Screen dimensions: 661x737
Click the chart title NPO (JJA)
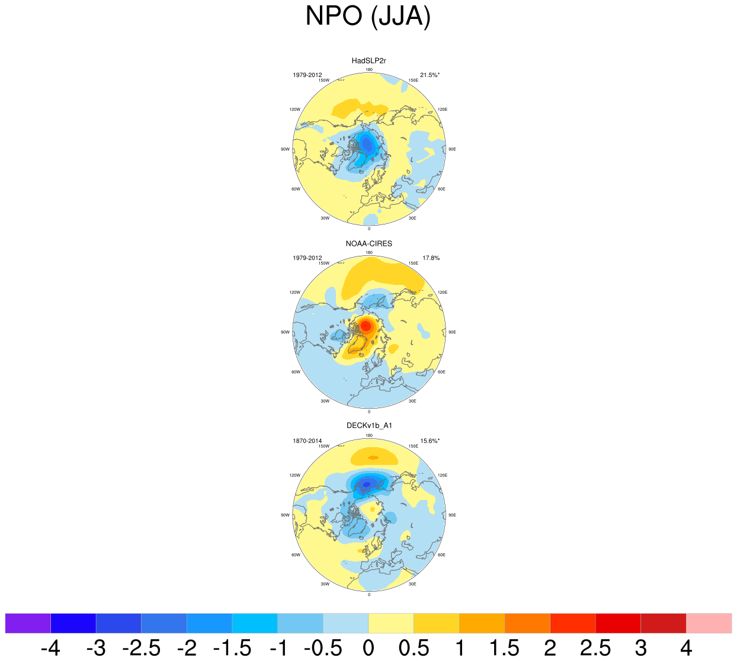[x=368, y=17]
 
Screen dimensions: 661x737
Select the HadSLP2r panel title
[x=368, y=60]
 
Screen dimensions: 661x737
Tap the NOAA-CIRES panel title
[x=368, y=243]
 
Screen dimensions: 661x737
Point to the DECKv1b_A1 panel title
[x=369, y=425]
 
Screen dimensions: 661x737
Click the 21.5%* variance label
[x=430, y=75]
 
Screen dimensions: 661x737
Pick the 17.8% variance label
[x=431, y=258]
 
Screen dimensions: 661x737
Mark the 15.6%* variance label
[x=430, y=441]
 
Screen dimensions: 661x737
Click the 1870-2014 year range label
[x=307, y=441]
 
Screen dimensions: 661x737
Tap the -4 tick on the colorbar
[x=50, y=649]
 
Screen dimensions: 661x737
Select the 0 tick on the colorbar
[x=368, y=649]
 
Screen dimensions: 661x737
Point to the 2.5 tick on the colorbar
[x=595, y=649]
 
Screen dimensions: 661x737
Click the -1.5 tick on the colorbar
[x=232, y=649]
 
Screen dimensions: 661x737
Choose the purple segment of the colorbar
[x=28, y=624]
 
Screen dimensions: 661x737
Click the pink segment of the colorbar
[x=709, y=624]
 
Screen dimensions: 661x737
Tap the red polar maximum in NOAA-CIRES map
[x=366, y=325]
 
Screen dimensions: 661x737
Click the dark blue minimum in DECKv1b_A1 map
[x=367, y=484]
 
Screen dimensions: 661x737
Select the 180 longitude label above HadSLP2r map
[x=369, y=70]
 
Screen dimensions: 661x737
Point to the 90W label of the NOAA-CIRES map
[x=285, y=332]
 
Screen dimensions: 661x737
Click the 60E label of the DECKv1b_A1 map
[x=441, y=555]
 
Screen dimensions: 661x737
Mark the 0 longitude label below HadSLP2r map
[x=369, y=229]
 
